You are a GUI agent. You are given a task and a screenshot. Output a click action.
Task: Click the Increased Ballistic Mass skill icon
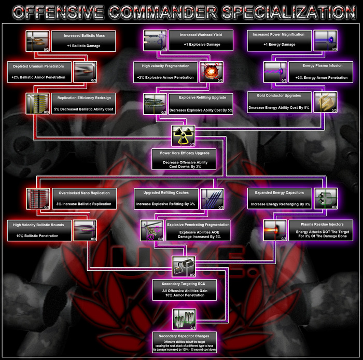(37, 41)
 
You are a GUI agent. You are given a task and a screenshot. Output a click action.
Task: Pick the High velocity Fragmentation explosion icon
(212, 73)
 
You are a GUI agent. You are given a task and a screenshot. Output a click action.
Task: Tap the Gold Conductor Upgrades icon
(326, 102)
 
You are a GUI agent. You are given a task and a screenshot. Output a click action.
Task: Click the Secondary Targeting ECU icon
(184, 267)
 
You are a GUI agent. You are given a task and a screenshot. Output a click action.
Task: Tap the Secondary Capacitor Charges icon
(184, 319)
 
